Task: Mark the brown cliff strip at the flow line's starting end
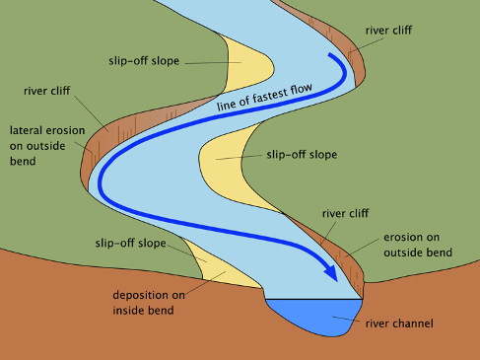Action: pos(355,64)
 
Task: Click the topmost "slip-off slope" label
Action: pos(143,60)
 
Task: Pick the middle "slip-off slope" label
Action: pos(302,155)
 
